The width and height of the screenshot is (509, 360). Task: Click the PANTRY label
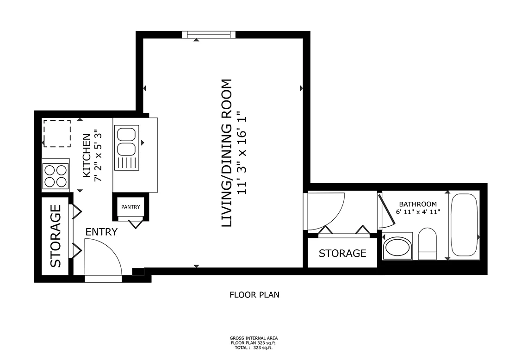point(130,207)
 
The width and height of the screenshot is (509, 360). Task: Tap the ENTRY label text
point(101,232)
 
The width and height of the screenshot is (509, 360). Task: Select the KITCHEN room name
point(87,156)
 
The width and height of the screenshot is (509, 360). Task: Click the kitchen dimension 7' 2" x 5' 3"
point(98,156)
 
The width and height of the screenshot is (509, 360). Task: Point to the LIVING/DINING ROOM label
point(226,153)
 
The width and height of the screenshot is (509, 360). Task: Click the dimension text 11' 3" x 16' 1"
point(239,153)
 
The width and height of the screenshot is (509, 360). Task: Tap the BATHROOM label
point(418,204)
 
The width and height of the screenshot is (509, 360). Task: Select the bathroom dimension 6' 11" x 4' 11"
point(418,212)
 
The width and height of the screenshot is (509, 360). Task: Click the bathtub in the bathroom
point(464,225)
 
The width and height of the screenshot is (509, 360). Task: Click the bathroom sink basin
point(397,248)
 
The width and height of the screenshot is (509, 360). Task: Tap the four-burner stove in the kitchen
point(56,176)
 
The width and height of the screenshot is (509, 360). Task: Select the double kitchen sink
point(125,142)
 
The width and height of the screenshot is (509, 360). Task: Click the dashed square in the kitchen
point(57,133)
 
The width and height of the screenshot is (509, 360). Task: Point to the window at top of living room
point(209,35)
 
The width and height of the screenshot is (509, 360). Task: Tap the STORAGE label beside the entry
point(56,236)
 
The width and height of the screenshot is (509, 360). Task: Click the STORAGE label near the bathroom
point(342,253)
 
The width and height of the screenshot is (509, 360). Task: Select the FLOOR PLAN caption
point(254,294)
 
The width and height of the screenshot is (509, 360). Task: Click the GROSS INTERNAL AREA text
point(254,338)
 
